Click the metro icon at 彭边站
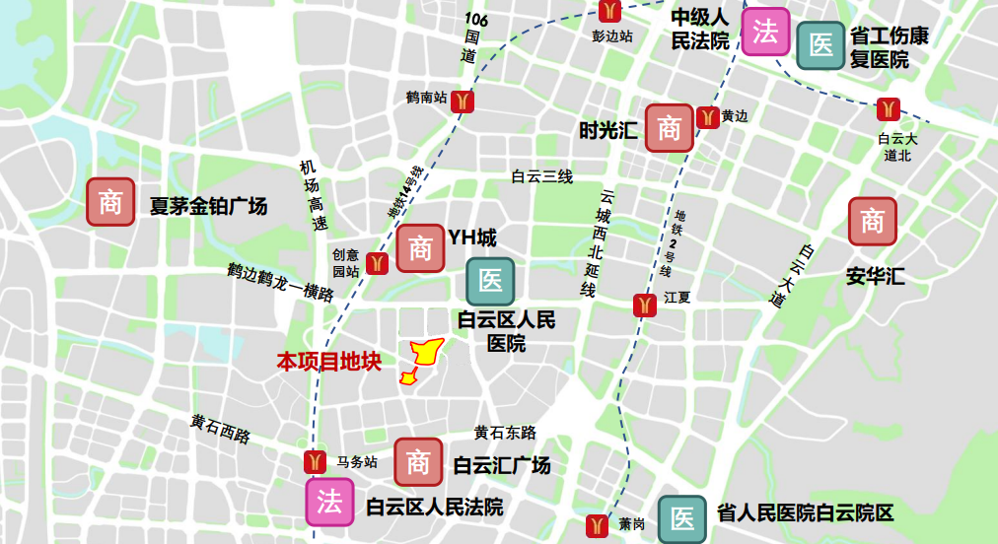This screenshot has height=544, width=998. [610, 11]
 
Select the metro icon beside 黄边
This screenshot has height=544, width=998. [707, 117]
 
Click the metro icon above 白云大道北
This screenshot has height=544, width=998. [889, 108]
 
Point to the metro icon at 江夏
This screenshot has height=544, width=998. [644, 306]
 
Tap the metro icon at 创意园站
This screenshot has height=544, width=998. [375, 263]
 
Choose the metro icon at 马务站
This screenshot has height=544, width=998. [315, 461]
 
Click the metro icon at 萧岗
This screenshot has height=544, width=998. [597, 525]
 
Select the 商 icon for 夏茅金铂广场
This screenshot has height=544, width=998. [110, 202]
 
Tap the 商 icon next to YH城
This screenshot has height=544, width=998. [421, 247]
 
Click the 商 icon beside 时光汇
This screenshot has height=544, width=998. [670, 127]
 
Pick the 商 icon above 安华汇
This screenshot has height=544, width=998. [873, 222]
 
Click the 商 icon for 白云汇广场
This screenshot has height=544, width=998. [418, 461]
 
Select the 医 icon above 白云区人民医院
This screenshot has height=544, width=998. [490, 281]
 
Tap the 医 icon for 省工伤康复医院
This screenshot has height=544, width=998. [820, 45]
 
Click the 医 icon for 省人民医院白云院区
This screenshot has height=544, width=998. [682, 517]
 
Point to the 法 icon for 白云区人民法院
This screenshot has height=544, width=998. [329, 503]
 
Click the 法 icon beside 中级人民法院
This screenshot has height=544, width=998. [765, 32]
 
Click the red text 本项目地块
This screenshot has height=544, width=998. [328, 363]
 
